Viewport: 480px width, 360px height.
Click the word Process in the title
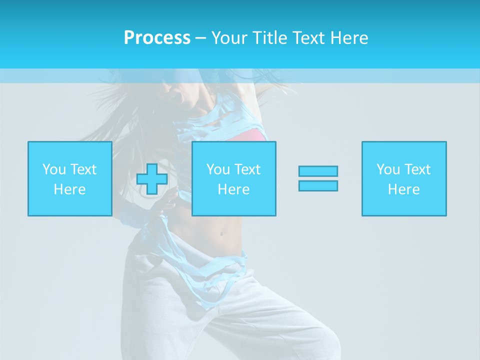pyautogui.click(x=157, y=38)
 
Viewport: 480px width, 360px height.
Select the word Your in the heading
pyautogui.click(x=230, y=38)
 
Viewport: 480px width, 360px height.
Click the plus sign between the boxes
pyautogui.click(x=151, y=179)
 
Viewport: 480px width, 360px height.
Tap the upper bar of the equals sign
pyautogui.click(x=318, y=171)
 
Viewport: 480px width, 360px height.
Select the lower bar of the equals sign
pyautogui.click(x=318, y=185)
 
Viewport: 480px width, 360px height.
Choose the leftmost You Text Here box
pyautogui.click(x=70, y=178)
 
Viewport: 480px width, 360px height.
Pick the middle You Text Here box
pyautogui.click(x=234, y=178)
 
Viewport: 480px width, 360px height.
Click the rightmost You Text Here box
pyautogui.click(x=404, y=178)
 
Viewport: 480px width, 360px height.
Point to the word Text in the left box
pyautogui.click(x=83, y=169)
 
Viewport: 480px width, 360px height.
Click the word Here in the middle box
pyautogui.click(x=234, y=189)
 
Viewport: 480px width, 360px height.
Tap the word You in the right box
pyautogui.click(x=388, y=169)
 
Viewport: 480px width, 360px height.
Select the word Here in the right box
pyautogui.click(x=404, y=189)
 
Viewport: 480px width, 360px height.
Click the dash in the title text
pyautogui.click(x=200, y=38)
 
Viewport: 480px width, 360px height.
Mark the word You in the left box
pyautogui.click(x=54, y=169)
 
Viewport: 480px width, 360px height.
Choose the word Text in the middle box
pyautogui.click(x=247, y=169)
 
